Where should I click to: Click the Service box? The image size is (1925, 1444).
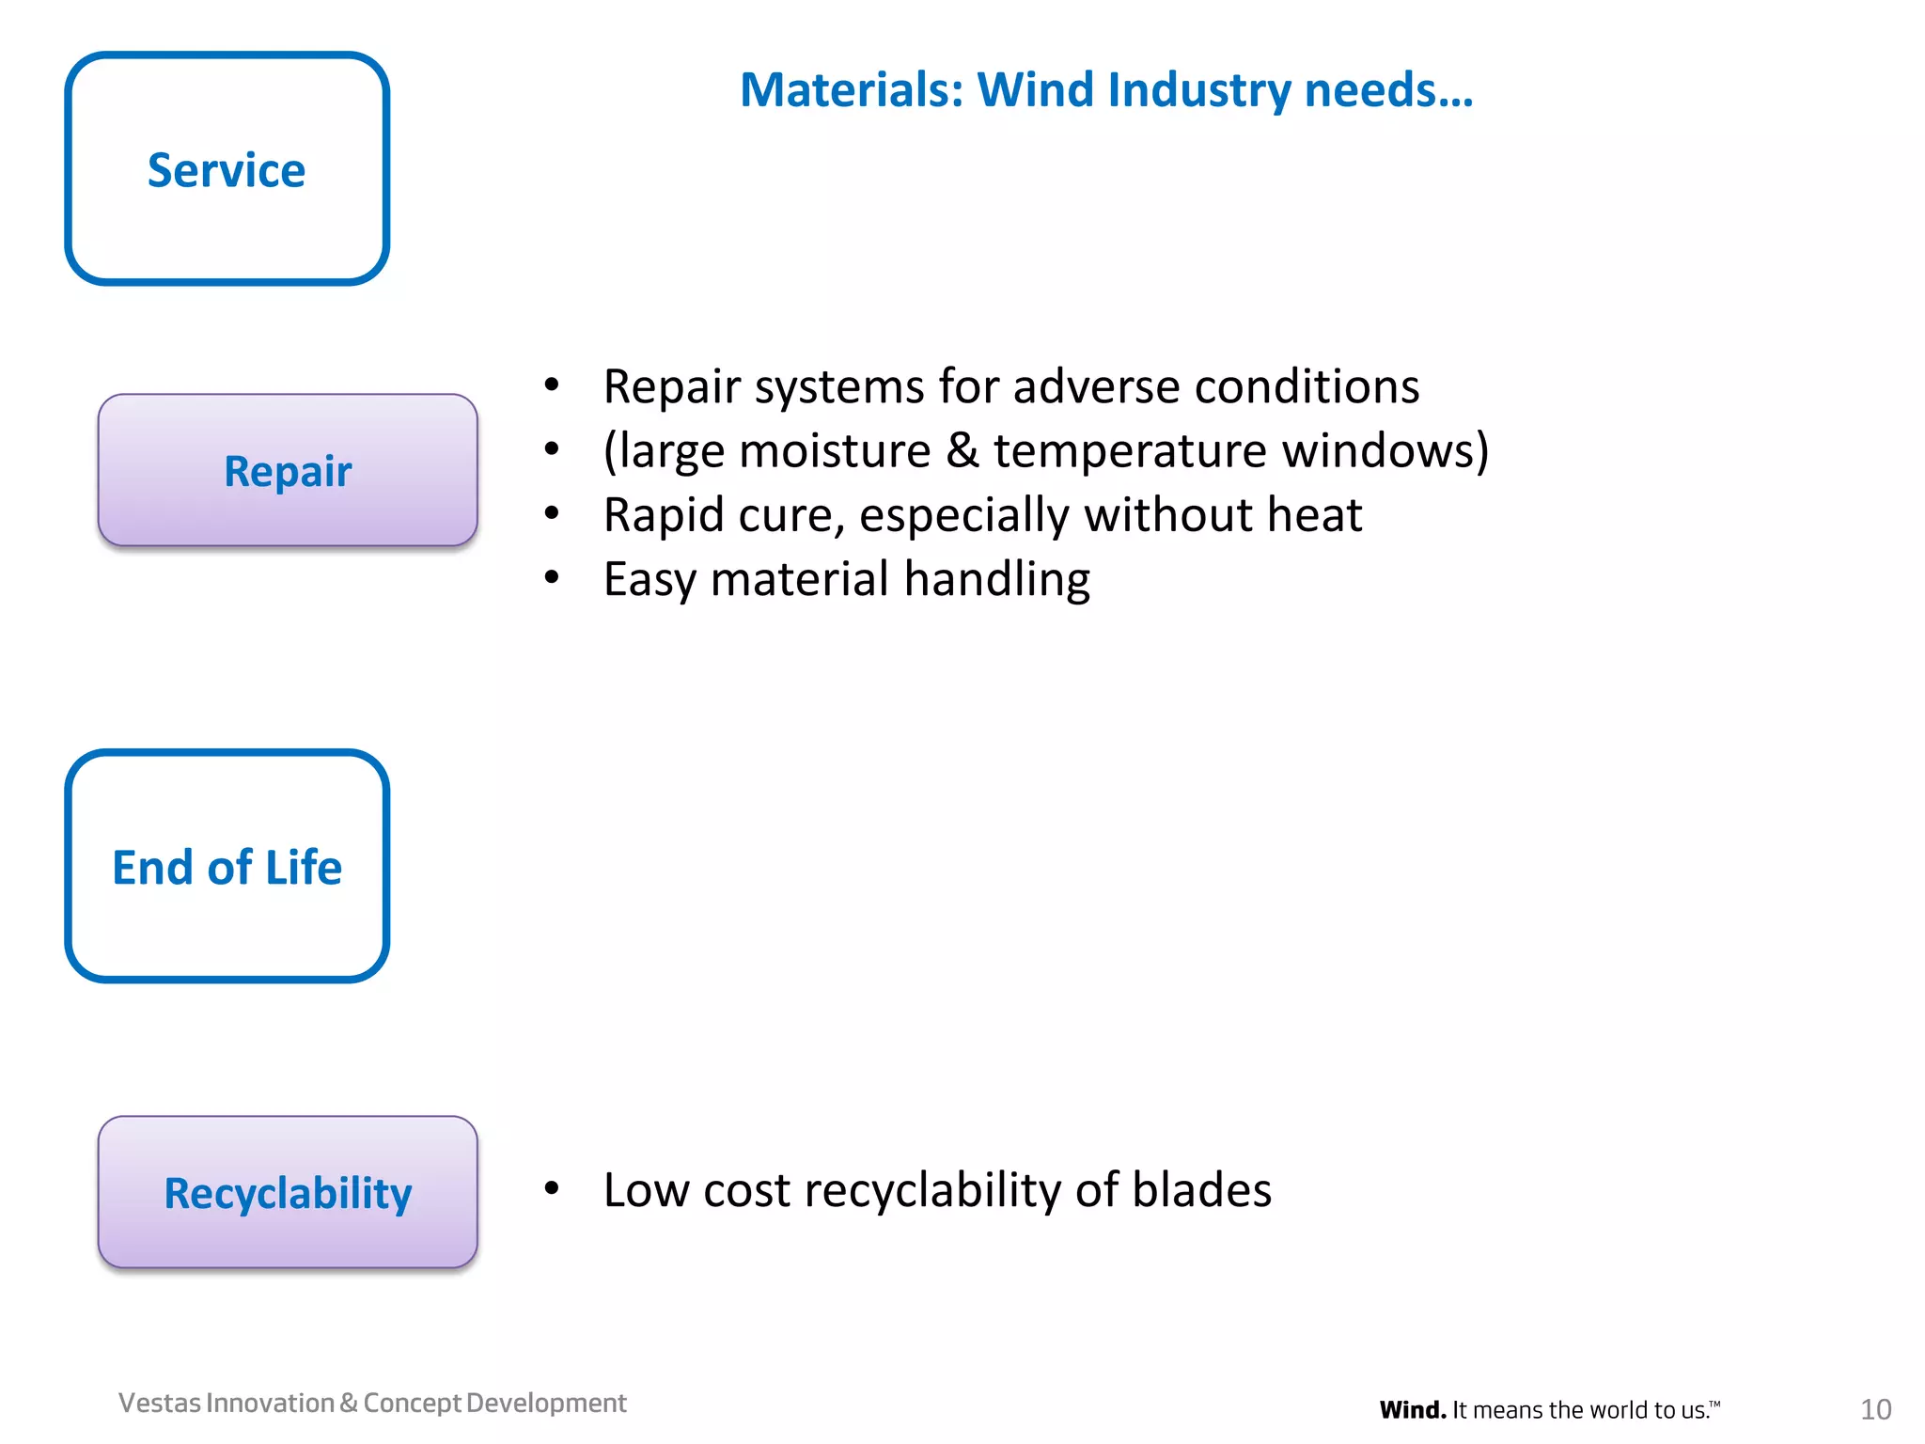point(227,169)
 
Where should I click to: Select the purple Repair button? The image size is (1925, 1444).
point(288,470)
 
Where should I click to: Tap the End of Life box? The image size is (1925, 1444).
point(227,866)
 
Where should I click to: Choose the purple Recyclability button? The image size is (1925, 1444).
point(288,1192)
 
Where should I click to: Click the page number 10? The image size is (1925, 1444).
point(1875,1409)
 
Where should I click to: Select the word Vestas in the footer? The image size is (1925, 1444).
point(160,1403)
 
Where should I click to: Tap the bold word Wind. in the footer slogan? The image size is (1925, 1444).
point(1413,1410)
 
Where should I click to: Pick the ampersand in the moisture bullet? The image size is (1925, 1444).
point(962,450)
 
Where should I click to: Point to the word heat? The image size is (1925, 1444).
point(1314,514)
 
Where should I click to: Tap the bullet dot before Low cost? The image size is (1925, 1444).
point(552,1188)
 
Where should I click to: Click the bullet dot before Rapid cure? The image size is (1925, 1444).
point(552,513)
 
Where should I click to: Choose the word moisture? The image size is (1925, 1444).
point(835,450)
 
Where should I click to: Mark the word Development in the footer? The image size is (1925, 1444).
point(546,1403)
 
